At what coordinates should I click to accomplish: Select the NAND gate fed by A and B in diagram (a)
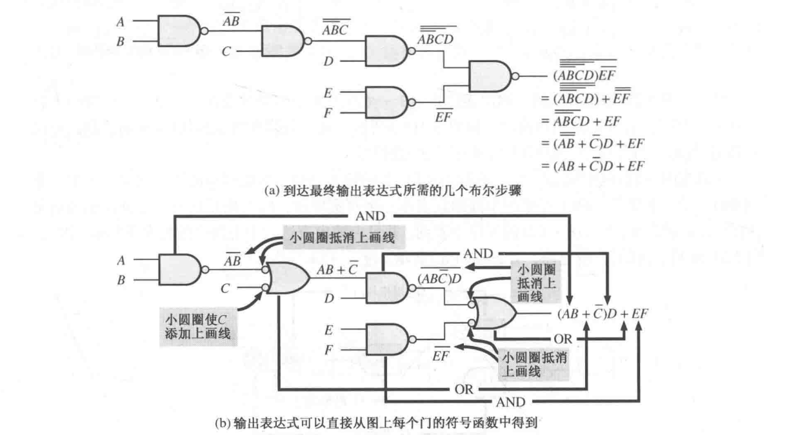coord(178,30)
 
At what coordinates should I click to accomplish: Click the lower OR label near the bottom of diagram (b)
coord(461,389)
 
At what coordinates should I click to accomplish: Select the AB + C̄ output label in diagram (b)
coord(333,271)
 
